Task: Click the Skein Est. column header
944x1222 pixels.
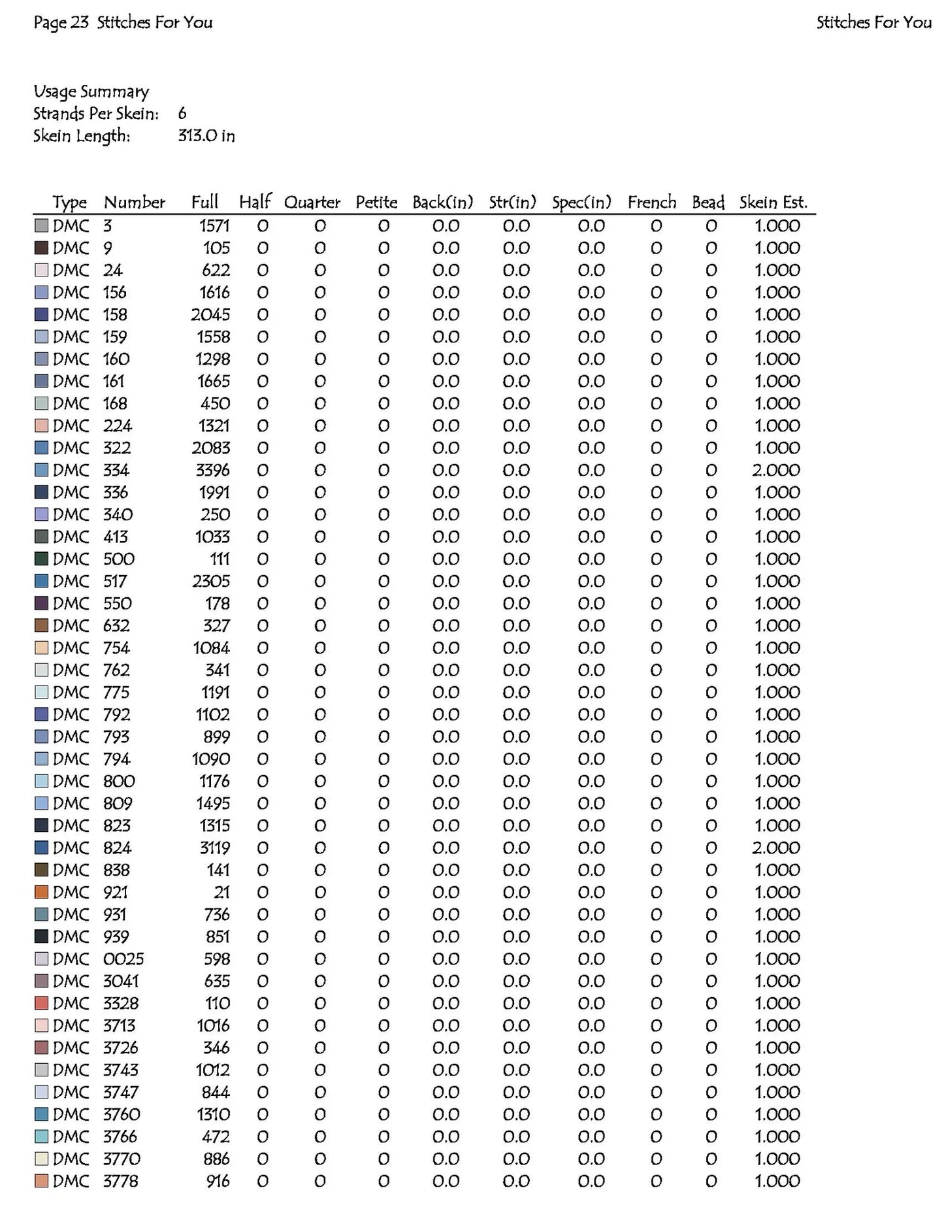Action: pos(773,203)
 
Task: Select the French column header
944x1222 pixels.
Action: pos(651,203)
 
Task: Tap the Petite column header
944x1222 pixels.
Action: pos(376,203)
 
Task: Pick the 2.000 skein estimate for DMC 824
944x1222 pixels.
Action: pos(775,848)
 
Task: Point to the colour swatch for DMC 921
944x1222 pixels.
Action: pos(41,893)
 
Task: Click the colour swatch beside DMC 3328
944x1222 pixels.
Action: pos(41,1004)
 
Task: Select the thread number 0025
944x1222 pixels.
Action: pos(123,959)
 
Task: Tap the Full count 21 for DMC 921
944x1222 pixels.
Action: pos(221,893)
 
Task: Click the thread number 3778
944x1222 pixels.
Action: pos(121,1181)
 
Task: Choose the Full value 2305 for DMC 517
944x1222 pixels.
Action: pos(210,582)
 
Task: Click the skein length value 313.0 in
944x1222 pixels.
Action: pos(206,136)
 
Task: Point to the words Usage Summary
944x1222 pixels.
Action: pos(91,91)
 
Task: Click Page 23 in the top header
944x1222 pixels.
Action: pos(61,23)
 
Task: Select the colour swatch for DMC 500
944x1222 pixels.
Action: pos(41,559)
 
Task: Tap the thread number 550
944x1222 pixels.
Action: pos(117,604)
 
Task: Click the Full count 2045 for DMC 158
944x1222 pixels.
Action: pos(210,315)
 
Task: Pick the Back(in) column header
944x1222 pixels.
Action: pos(442,203)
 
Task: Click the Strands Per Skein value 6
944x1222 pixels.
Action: pos(182,114)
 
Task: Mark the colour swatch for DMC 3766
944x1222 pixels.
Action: pos(41,1137)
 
